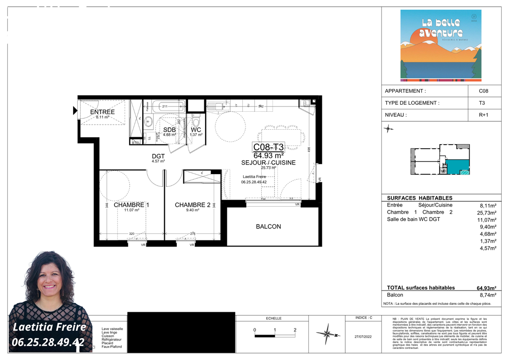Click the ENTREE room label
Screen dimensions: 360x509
102,112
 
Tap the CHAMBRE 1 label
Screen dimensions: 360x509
132,205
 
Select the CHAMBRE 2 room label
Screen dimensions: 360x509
193,205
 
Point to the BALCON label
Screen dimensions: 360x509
268,227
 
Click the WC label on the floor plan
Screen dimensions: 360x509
196,130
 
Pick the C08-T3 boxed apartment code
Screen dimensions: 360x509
268,147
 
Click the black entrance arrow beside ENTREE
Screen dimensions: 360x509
75,111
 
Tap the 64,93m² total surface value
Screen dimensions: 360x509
486,288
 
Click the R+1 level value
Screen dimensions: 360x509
483,115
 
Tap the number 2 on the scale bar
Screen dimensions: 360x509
295,330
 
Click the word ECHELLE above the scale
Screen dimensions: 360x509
273,318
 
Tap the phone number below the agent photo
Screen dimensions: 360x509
49,342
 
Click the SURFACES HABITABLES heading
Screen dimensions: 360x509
413,198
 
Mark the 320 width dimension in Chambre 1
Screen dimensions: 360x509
132,234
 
